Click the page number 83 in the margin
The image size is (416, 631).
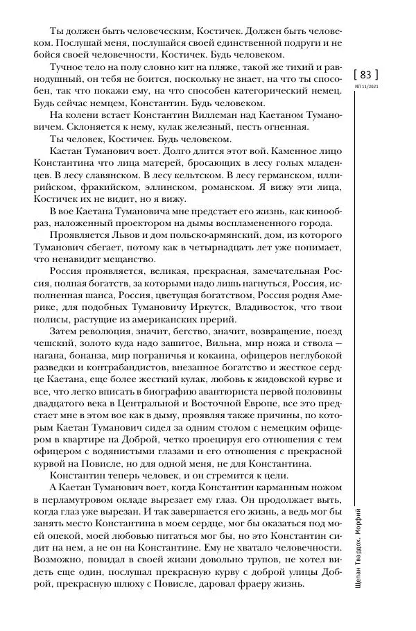(x=366, y=75)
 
